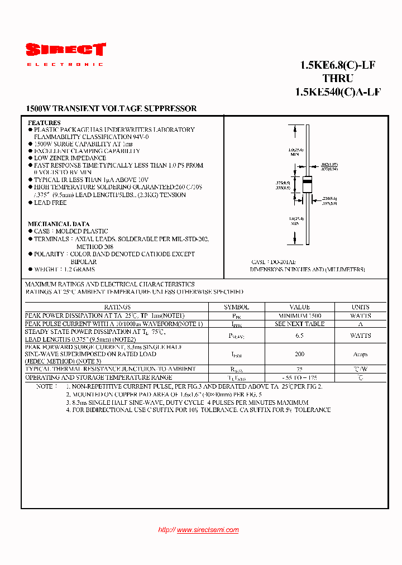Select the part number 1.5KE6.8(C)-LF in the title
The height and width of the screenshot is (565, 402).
pyautogui.click(x=337, y=65)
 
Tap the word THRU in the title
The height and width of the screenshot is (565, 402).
pyautogui.click(x=337, y=79)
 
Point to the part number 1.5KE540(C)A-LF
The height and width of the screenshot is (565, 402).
pyautogui.click(x=337, y=93)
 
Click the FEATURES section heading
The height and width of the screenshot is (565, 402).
pyautogui.click(x=44, y=122)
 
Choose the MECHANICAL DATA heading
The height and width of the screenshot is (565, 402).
pyautogui.click(x=59, y=224)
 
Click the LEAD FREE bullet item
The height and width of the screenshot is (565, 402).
pyautogui.click(x=50, y=203)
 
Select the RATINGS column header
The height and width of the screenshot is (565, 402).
pyautogui.click(x=117, y=307)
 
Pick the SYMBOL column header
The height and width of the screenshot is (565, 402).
pyautogui.click(x=237, y=307)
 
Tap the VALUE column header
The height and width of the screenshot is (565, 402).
pyautogui.click(x=300, y=307)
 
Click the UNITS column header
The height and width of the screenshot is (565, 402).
pyautogui.click(x=361, y=307)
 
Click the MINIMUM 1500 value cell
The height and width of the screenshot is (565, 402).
pyautogui.click(x=300, y=315)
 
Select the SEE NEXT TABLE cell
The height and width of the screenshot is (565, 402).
pyautogui.click(x=300, y=324)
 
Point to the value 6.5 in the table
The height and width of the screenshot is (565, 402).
pyautogui.click(x=300, y=336)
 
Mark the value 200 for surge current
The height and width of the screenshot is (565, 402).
pyautogui.click(x=300, y=354)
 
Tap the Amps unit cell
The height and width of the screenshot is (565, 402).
pyautogui.click(x=361, y=354)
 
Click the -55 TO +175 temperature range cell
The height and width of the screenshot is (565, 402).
pyautogui.click(x=300, y=378)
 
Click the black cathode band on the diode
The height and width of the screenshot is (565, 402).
pyautogui.click(x=307, y=180)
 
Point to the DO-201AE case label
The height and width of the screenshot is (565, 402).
pyautogui.click(x=266, y=262)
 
